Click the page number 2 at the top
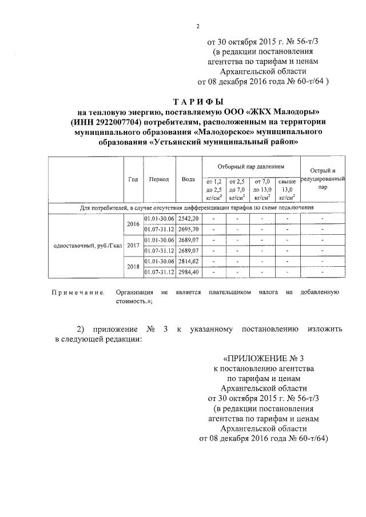pyautogui.click(x=198, y=25)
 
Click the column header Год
pyautogui.click(x=133, y=179)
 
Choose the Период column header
pyautogui.click(x=158, y=179)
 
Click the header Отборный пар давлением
pyautogui.click(x=250, y=166)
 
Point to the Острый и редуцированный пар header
pyautogui.click(x=323, y=179)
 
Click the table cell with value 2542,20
pyautogui.click(x=188, y=219)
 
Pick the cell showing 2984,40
pyautogui.click(x=188, y=271)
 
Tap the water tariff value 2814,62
pyautogui.click(x=188, y=261)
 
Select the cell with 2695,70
pyautogui.click(x=188, y=229)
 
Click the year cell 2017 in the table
pyautogui.click(x=133, y=245)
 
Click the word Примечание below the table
pyautogui.click(x=78, y=292)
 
